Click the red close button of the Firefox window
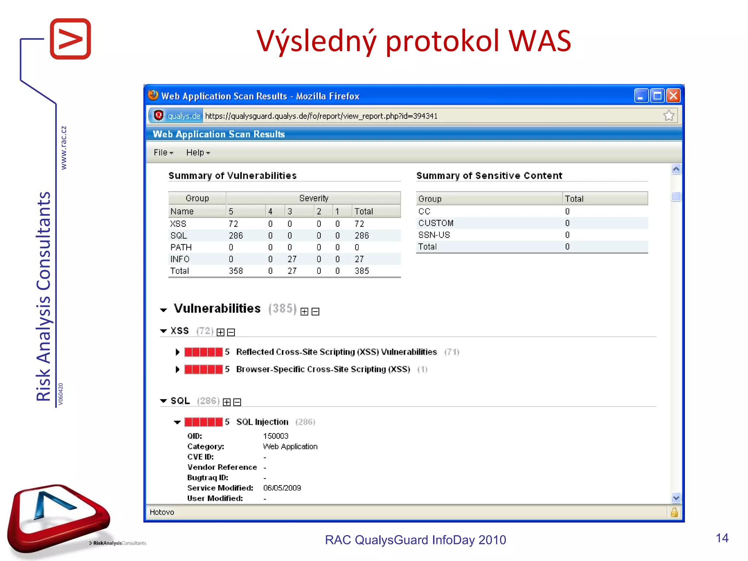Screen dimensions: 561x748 tap(673, 96)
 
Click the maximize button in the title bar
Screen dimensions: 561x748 tap(657, 96)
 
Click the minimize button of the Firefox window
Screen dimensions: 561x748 tap(641, 96)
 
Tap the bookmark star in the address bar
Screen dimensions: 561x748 tap(669, 116)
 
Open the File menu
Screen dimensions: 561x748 tap(163, 153)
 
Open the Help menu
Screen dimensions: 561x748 tap(198, 153)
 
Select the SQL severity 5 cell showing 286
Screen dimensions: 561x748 tap(236, 236)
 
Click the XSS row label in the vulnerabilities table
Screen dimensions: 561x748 tap(178, 224)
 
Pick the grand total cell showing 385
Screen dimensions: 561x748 tap(362, 271)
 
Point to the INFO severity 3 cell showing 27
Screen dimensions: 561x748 tap(292, 259)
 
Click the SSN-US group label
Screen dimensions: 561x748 tap(434, 235)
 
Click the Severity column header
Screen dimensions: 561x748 tap(313, 198)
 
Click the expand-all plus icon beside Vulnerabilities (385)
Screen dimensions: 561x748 tap(304, 312)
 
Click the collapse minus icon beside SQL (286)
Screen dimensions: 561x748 tap(237, 402)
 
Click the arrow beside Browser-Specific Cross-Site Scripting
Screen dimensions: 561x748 tap(178, 369)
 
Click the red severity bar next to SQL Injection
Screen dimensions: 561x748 tap(203, 422)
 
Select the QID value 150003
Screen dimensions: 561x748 tap(276, 436)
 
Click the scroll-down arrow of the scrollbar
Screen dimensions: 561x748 tap(676, 497)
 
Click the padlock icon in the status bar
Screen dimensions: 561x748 tap(675, 512)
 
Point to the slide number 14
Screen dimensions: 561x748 tap(722, 538)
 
